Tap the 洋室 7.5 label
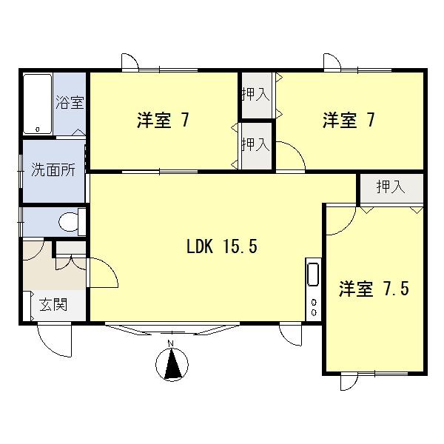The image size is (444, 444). (374, 289)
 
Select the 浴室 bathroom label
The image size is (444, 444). (70, 102)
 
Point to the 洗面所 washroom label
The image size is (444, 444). (53, 169)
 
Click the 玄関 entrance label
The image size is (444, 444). (53, 303)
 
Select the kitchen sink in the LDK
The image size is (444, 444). (312, 275)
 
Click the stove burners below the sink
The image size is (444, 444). (313, 307)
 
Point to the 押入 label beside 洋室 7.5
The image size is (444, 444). (391, 187)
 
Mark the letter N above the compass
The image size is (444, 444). (171, 344)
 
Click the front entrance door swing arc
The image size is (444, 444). (54, 338)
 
